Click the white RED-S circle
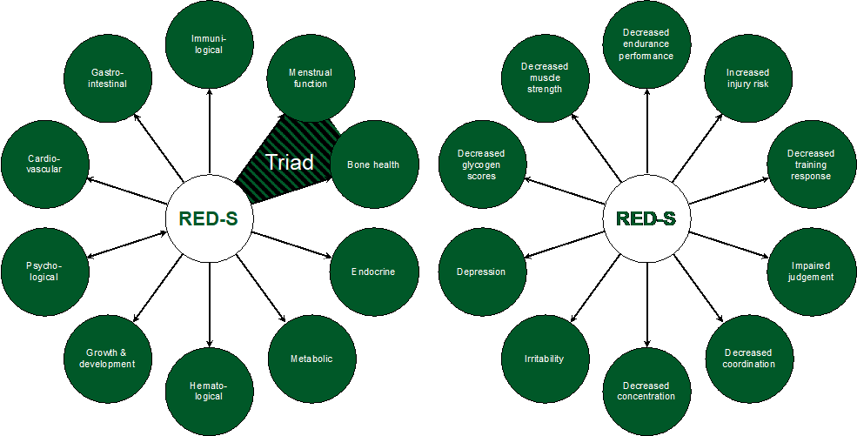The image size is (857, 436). pos(209,219)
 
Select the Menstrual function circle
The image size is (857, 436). pos(310,78)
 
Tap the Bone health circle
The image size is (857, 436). pos(373,164)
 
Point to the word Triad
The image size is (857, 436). pos(288,162)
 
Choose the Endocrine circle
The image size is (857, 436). pos(373,272)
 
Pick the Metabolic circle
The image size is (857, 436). pos(311,359)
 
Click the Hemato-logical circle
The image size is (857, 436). pos(208,391)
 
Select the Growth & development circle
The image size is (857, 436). pos(107,359)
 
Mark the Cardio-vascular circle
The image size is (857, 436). pos(44,164)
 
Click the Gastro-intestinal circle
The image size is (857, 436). pos(108,78)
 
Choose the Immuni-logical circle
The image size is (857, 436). pos(208,44)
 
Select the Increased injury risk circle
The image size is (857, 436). pos(747,78)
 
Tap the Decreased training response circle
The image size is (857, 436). pos(810,164)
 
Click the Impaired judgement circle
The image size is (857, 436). pos(811,272)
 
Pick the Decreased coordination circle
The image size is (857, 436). pos(748,359)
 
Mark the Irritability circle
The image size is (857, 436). pos(544,359)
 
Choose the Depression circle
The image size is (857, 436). pos(481,272)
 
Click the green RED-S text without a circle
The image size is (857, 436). pos(646,219)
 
